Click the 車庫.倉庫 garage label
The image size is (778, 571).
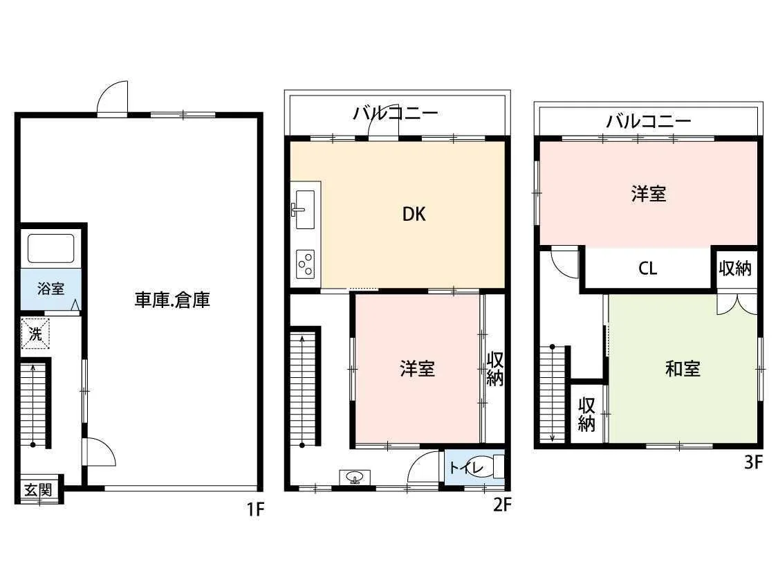click(x=172, y=300)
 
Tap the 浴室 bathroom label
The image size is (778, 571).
click(x=50, y=288)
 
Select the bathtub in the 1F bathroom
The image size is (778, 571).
click(x=50, y=248)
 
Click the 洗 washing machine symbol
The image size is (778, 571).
click(x=35, y=334)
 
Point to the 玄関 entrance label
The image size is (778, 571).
click(x=38, y=490)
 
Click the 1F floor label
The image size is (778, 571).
click(x=255, y=509)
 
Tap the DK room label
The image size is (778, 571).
click(x=414, y=214)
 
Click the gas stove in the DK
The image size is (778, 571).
click(x=305, y=264)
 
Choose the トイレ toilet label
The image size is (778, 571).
click(x=466, y=468)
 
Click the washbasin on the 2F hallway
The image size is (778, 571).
click(x=355, y=478)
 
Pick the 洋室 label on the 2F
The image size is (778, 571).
click(x=417, y=369)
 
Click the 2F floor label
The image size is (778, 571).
click(x=501, y=505)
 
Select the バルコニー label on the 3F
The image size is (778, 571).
click(x=648, y=120)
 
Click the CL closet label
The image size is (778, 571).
click(x=647, y=269)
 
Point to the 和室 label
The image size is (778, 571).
click(x=683, y=369)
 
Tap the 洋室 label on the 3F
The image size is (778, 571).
click(x=649, y=194)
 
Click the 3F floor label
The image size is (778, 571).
click(x=752, y=462)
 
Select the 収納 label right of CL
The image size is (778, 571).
click(x=735, y=268)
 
